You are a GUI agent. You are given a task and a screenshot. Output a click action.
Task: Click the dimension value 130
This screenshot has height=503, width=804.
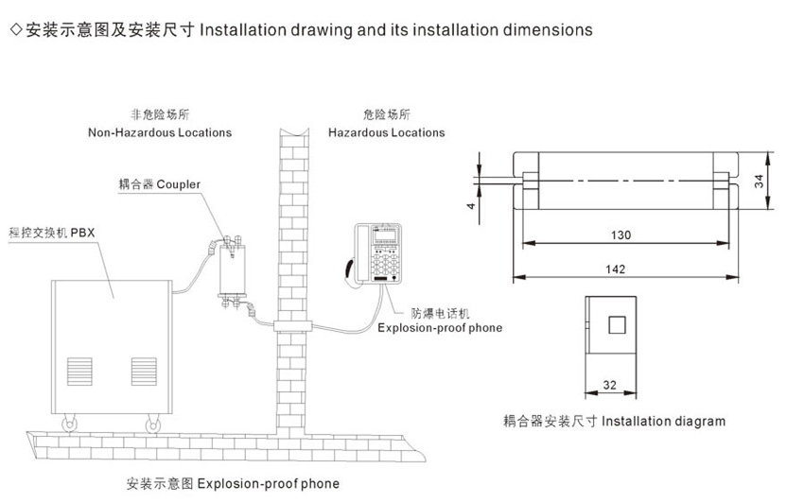click(x=620, y=234)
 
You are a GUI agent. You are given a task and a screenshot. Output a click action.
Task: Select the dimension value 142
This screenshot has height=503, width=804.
click(x=616, y=269)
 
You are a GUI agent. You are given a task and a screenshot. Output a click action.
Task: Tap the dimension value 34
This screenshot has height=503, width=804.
click(x=759, y=181)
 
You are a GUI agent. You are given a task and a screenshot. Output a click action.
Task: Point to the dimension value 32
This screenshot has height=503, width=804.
click(x=610, y=385)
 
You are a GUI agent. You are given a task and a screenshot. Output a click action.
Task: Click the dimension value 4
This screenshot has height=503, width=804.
click(x=471, y=205)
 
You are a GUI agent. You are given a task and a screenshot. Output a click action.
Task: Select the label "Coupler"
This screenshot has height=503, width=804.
click(x=179, y=184)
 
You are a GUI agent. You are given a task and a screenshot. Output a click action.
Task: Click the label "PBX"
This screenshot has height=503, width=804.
click(x=82, y=233)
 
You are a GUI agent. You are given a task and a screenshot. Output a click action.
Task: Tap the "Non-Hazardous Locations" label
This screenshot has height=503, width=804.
click(x=160, y=132)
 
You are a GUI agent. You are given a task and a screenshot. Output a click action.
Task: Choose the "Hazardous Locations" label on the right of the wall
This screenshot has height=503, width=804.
click(x=387, y=132)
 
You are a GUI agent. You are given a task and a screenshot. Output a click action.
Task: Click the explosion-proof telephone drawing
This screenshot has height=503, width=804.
click(x=374, y=253)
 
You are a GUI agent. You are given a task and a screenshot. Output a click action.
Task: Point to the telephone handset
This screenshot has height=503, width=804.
click(x=350, y=269)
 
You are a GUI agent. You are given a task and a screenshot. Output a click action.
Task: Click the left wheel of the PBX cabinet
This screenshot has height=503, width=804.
click(x=69, y=425)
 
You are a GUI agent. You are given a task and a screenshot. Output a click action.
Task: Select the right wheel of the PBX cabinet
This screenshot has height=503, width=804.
click(x=152, y=425)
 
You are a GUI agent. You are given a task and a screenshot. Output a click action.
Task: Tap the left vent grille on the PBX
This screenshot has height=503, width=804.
click(x=79, y=372)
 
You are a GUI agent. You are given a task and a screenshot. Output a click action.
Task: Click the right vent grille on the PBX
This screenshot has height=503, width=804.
click(x=144, y=372)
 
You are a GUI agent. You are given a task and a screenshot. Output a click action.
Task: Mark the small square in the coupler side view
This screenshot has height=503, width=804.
click(x=617, y=324)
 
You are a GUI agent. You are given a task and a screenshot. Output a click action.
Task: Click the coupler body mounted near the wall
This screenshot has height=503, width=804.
click(x=233, y=270)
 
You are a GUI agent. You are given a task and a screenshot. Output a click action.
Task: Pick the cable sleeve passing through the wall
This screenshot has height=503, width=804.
click(x=293, y=326)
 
